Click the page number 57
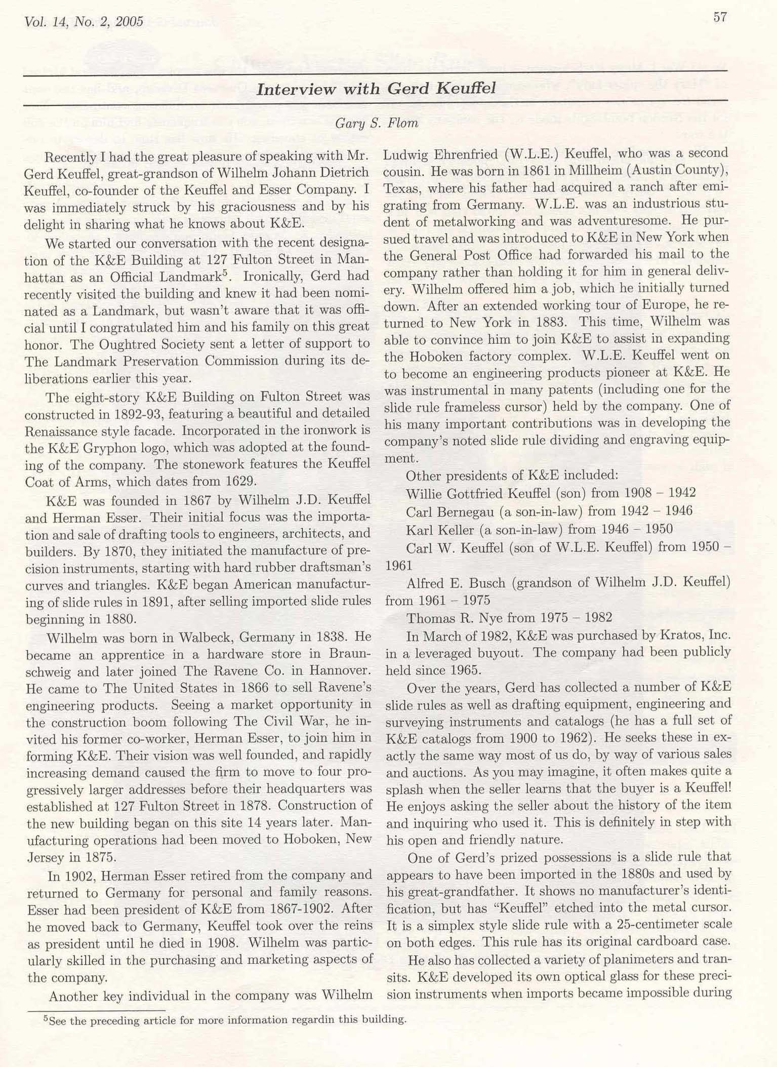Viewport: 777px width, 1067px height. click(720, 17)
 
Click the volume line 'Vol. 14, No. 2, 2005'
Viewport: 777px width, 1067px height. click(84, 22)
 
